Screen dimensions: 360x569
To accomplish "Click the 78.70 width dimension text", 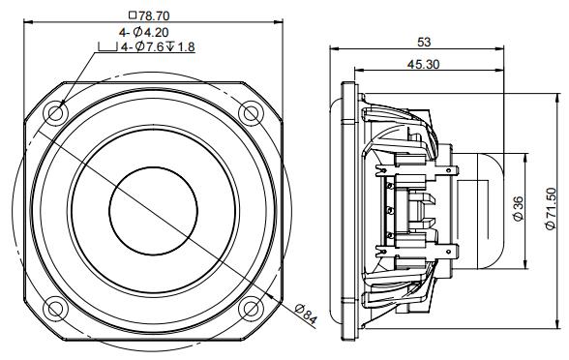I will coord(159,16).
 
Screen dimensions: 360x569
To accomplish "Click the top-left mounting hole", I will coord(55,110).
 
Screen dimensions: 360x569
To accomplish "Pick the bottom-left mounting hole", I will coord(55,309).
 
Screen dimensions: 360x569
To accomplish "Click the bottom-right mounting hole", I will coord(252,309).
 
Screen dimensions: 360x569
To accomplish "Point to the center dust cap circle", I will coord(154,209).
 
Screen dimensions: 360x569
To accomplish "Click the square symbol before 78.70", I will coord(132,16).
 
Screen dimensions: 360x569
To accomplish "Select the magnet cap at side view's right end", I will coord(483,209).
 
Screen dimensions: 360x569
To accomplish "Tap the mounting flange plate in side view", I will coord(346,209).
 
